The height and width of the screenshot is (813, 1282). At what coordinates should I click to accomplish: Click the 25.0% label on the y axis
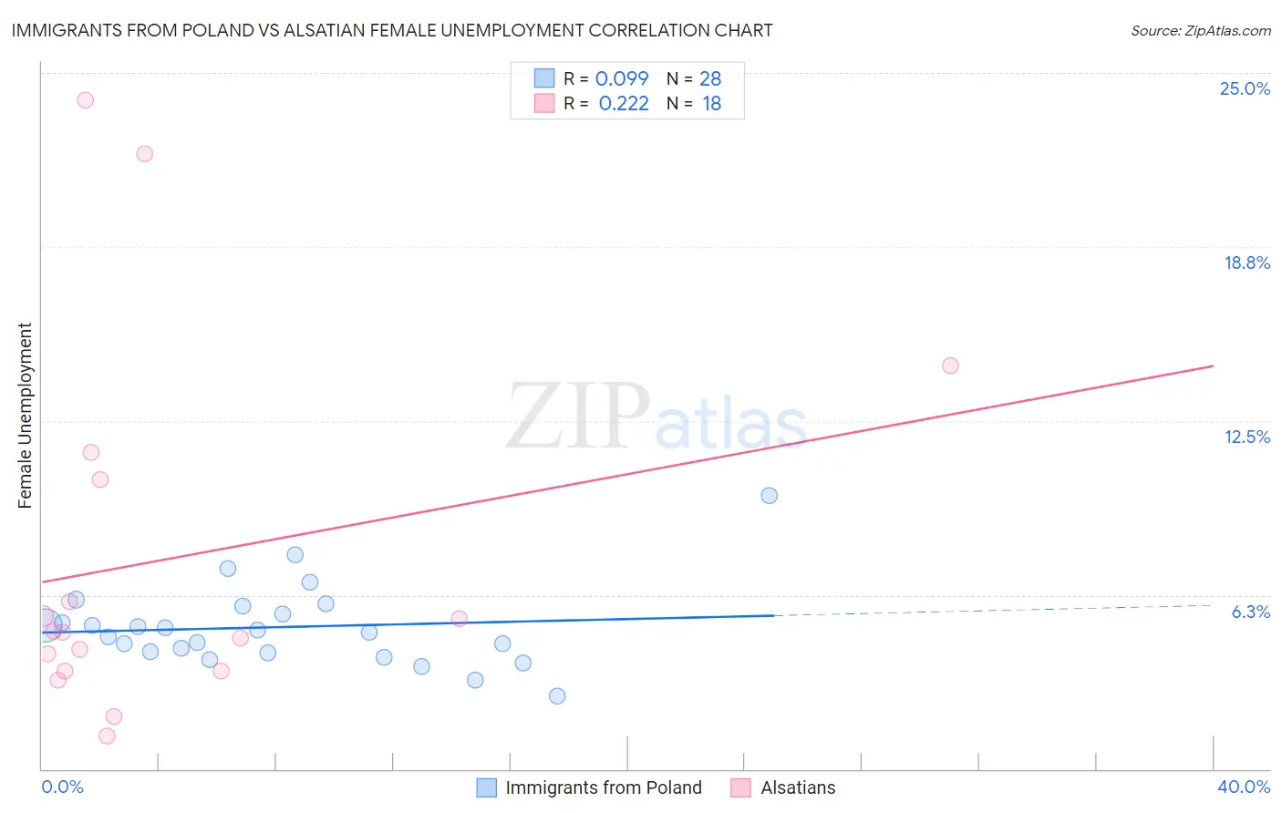1245,88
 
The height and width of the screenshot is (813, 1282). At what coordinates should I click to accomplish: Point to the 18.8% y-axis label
1246,262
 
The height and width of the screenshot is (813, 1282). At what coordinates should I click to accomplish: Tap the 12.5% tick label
1246,437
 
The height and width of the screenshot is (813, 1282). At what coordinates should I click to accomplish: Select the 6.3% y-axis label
1250,612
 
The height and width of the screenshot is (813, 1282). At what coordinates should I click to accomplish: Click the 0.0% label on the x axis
62,787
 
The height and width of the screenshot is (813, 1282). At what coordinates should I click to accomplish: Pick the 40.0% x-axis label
1243,787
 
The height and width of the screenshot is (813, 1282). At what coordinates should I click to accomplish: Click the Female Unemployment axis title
25,416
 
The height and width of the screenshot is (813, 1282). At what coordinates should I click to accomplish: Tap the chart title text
392,30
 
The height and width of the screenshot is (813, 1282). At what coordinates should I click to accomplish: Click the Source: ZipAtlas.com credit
1200,31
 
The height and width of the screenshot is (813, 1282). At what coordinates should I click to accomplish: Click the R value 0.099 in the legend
622,79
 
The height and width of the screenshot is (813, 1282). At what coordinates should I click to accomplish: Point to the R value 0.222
624,104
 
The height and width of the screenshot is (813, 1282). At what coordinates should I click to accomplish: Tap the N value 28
710,79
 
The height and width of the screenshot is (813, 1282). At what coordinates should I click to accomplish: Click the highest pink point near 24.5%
85,100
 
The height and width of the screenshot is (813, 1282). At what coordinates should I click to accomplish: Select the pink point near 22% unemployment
144,154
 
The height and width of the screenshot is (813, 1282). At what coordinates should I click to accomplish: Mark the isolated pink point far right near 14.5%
950,365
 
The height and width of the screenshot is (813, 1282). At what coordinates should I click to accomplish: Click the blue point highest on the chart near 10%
769,496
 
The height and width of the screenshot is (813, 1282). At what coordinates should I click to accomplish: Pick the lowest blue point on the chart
557,696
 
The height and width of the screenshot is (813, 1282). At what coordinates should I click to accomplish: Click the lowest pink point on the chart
107,736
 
